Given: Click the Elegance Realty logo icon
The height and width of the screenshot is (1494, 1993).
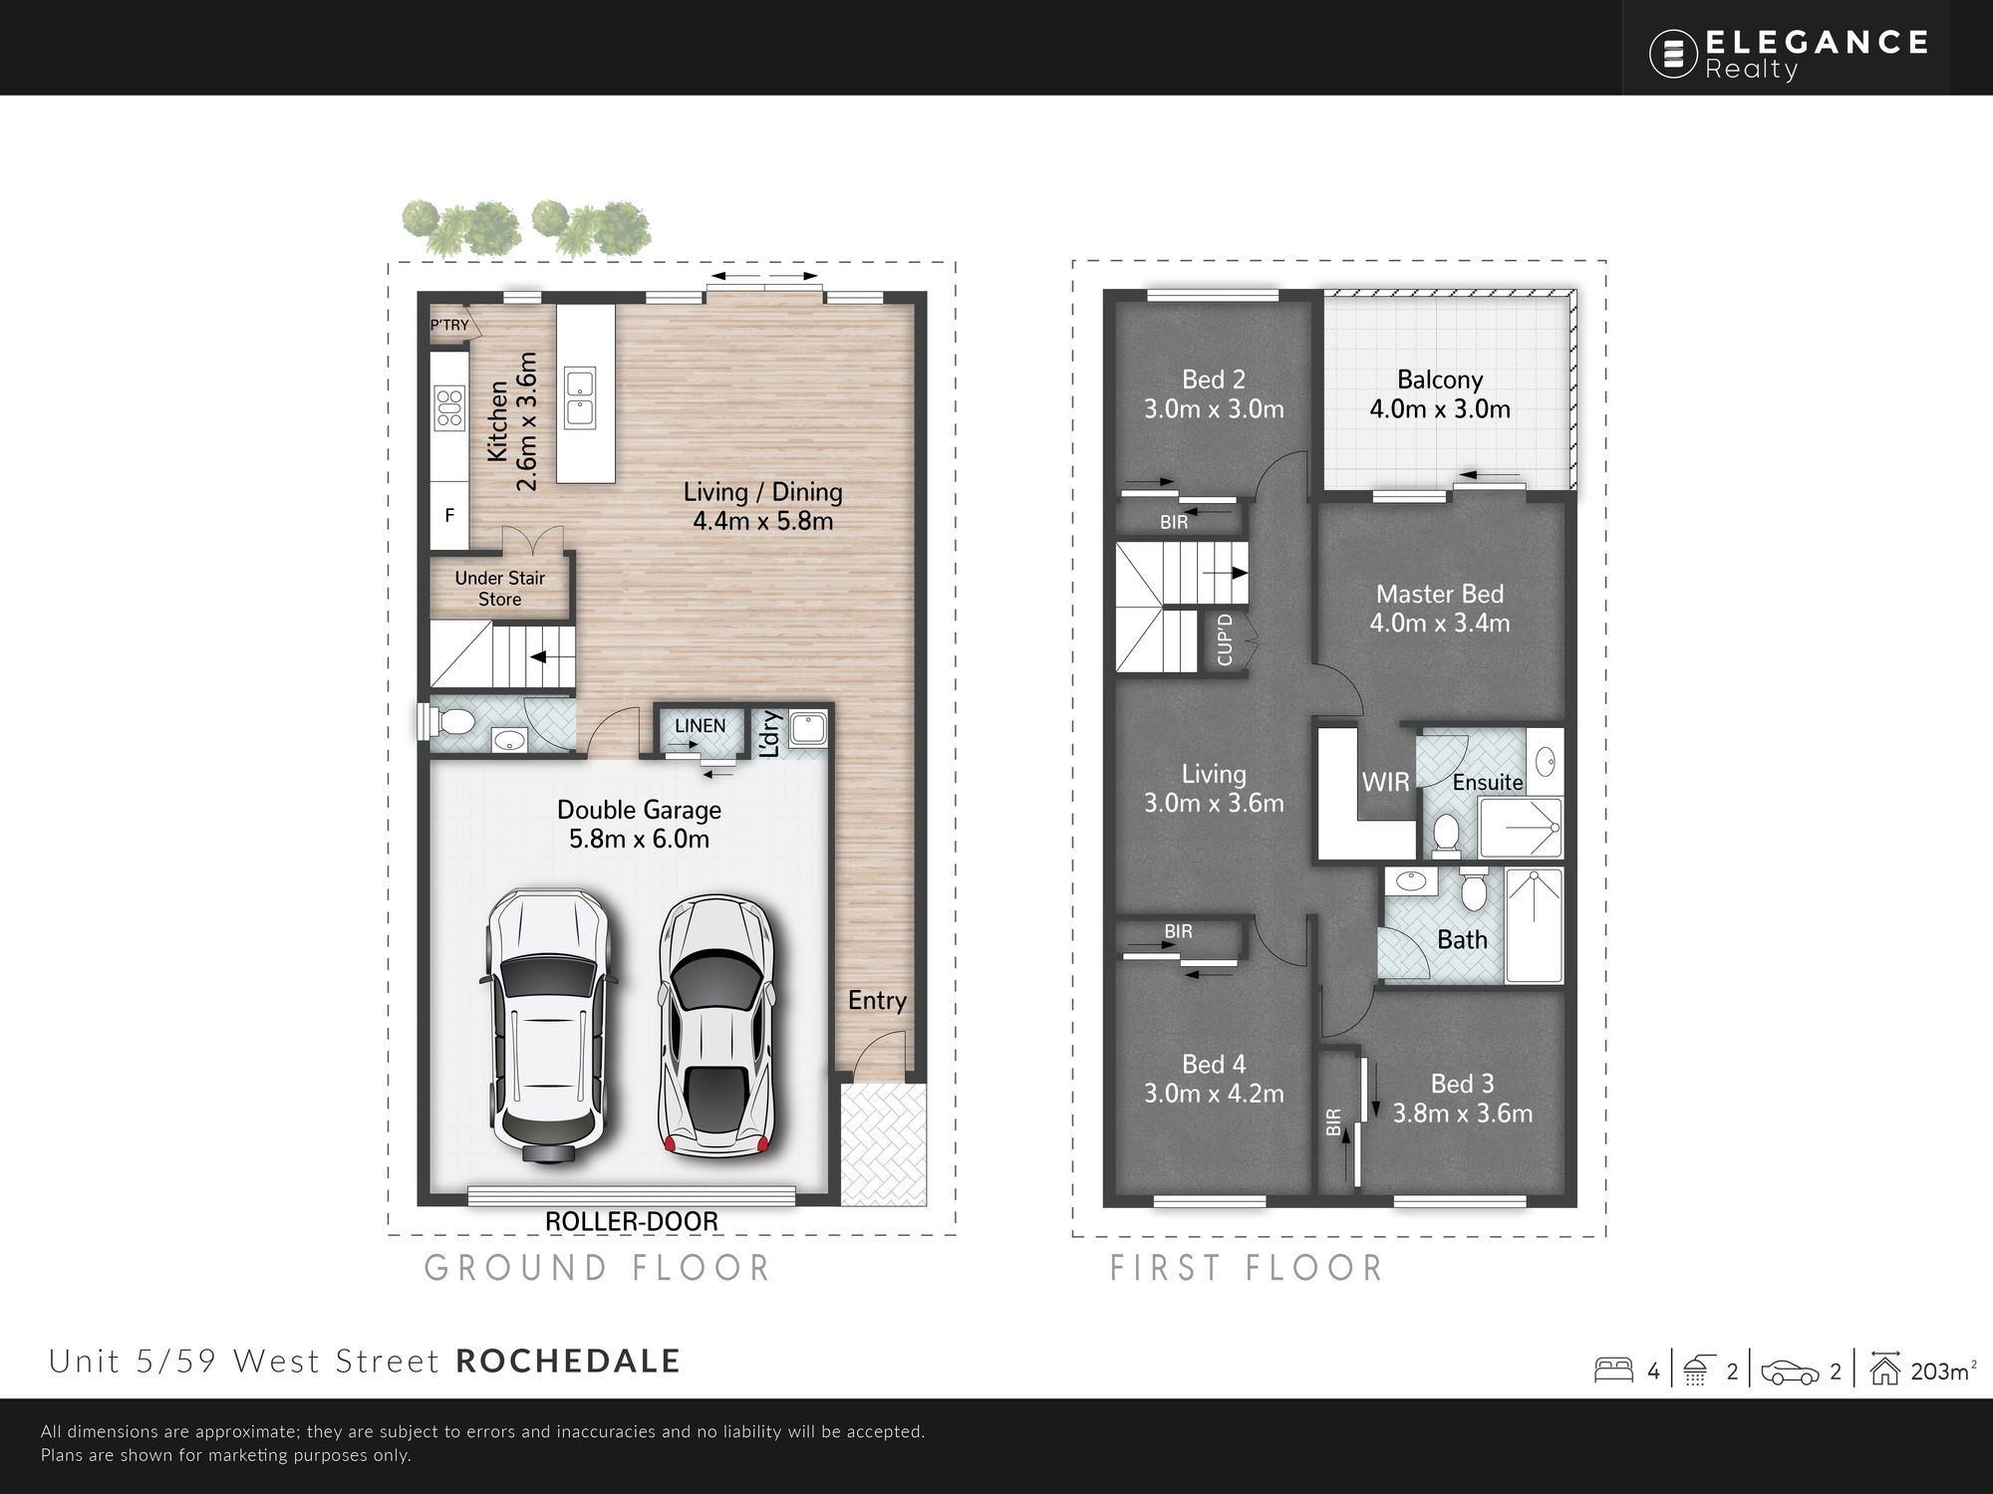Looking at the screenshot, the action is [1673, 53].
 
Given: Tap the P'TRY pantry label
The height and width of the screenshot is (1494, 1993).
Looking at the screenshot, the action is [449, 325].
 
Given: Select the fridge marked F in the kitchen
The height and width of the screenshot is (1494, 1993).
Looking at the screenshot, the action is [449, 515].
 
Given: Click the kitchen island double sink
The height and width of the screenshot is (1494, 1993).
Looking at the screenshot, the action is [579, 396].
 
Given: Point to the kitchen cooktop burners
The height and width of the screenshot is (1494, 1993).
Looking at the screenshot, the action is [449, 407].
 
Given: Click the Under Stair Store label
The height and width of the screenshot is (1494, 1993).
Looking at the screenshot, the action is [499, 589].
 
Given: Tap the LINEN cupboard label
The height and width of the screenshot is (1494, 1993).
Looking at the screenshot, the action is [701, 726].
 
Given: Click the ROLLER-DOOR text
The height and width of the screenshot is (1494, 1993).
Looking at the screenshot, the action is [632, 1221].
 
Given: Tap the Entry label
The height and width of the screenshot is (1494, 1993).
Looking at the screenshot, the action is [877, 1001].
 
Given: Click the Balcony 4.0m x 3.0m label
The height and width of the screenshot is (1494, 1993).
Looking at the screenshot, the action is [1440, 394].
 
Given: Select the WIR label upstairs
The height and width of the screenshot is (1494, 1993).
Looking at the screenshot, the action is [1386, 782].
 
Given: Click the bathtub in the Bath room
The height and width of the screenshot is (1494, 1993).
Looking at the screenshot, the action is [1535, 926].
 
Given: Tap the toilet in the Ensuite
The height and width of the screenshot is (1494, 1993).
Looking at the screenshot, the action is [1446, 835].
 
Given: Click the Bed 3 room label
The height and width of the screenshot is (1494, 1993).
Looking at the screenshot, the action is [1462, 1099].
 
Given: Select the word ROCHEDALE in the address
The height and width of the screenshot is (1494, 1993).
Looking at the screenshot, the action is [568, 1362].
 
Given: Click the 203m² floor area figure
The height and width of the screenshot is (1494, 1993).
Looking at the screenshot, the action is [1941, 1371].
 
